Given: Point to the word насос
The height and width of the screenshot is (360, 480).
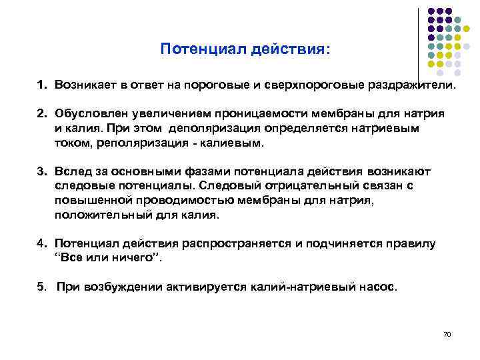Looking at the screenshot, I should (x=379, y=288).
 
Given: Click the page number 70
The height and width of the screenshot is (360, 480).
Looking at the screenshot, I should (x=447, y=333).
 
